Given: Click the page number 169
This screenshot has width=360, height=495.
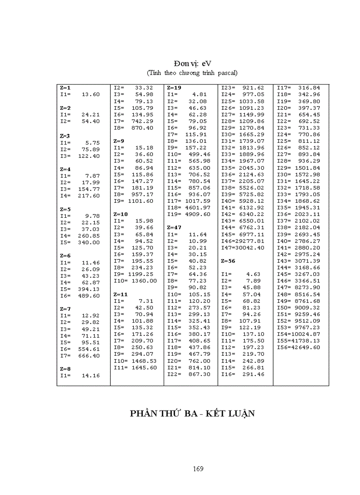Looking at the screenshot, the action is tap(198, 469).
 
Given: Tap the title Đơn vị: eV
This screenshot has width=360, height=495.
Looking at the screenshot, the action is tap(193, 63).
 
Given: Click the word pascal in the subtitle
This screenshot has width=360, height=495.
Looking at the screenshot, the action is tap(226, 73).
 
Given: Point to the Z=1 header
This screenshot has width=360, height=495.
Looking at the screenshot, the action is tap(65, 88).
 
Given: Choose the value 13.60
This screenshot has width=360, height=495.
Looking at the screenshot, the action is tap(91, 94).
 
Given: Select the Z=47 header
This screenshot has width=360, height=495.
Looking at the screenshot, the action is tap(174, 227).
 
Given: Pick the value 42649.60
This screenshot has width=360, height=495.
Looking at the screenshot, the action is tap(306, 347).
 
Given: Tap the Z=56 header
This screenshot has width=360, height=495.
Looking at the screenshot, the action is tap(228, 261).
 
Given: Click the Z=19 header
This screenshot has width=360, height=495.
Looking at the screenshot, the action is tap(174, 88).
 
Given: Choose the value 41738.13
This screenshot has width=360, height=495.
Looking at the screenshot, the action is tap(306, 341).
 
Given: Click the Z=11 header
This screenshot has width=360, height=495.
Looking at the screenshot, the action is tap(120, 294).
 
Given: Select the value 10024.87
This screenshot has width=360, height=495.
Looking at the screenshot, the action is tap(306, 334).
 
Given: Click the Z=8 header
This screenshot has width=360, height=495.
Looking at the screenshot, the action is tap(65, 369).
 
